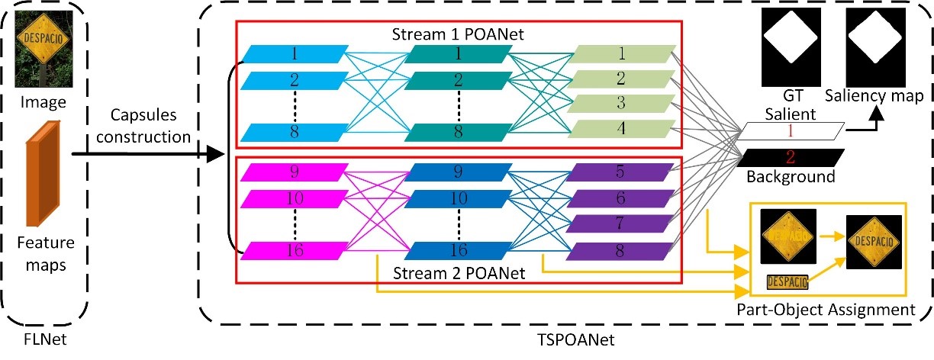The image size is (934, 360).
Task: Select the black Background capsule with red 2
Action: click(791, 158)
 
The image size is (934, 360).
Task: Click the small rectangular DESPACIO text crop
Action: click(787, 284)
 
